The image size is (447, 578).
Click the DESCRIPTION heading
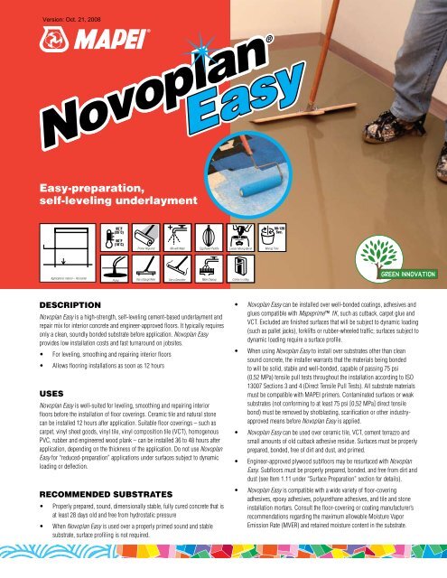point(53,305)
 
